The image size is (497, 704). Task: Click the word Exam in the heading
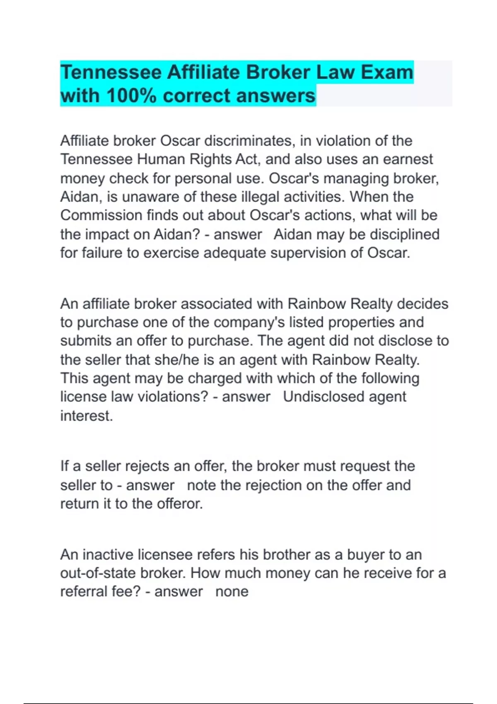pyautogui.click(x=387, y=72)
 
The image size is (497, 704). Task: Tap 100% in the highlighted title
pyautogui.click(x=131, y=96)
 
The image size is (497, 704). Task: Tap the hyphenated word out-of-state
pyautogui.click(x=98, y=573)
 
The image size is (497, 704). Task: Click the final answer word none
pyautogui.click(x=232, y=592)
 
